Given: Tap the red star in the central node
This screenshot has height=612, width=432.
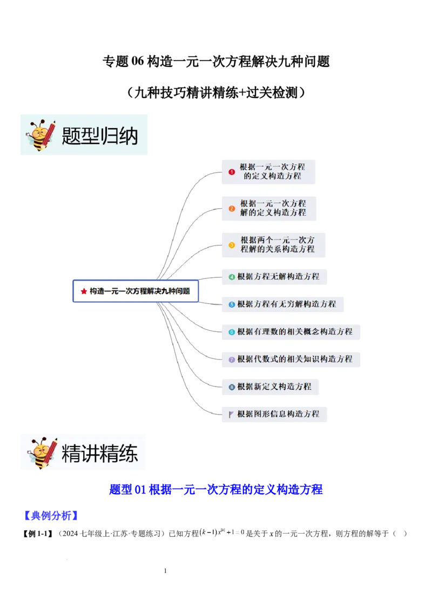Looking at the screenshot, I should [84, 291].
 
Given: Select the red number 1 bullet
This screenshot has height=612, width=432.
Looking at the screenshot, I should [232, 172].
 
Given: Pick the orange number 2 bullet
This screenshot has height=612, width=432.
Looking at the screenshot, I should [232, 208].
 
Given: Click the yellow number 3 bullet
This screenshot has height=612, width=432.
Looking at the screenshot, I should [232, 245].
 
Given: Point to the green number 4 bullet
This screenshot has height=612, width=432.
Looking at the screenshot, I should [232, 277].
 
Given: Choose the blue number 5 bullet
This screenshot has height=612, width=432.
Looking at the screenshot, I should [232, 304].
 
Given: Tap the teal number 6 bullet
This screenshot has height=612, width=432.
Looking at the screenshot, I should [232, 332].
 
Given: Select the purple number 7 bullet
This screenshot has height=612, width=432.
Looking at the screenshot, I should [232, 360].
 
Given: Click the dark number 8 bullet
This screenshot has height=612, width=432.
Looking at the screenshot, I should [232, 387].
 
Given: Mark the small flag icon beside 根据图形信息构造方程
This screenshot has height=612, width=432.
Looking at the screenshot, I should [231, 415].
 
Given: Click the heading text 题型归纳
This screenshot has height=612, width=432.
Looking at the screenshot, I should [100, 135].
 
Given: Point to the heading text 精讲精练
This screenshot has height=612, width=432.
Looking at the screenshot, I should [100, 454].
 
